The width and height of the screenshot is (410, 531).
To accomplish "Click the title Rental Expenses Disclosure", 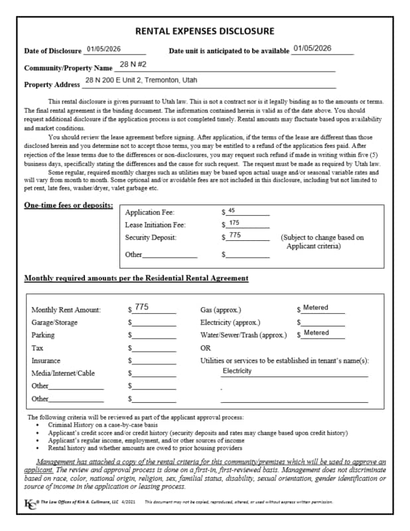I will coord(204,31).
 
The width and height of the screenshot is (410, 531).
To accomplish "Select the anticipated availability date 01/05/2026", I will coord(312,48).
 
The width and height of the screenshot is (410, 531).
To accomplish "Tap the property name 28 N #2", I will coord(133,65).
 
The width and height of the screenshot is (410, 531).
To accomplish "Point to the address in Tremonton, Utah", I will coord(141,80).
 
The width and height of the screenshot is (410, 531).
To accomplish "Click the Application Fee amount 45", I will coord(231,210).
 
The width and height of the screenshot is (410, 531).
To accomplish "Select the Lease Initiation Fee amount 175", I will coord(234,223).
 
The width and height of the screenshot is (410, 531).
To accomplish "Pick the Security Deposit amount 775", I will coord(235,236).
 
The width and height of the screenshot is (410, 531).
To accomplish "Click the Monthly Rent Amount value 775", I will coord(142,307).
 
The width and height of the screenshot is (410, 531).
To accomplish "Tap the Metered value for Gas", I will coord(316,308).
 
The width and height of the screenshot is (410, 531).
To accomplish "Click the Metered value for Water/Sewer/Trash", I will coord(316,333).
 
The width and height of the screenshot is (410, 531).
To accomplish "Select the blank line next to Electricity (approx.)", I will coord(322,323).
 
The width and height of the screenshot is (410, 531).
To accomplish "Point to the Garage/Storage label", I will coord(54,323).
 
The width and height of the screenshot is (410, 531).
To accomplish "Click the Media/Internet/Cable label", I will coord(63,373).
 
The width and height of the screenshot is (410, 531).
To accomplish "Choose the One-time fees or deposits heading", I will coord(68,206).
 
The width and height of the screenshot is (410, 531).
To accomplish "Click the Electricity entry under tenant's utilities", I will coord(237,371).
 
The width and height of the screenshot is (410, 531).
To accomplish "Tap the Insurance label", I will coord(46,360).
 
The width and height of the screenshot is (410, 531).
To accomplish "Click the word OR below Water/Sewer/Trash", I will coord(205,348).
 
